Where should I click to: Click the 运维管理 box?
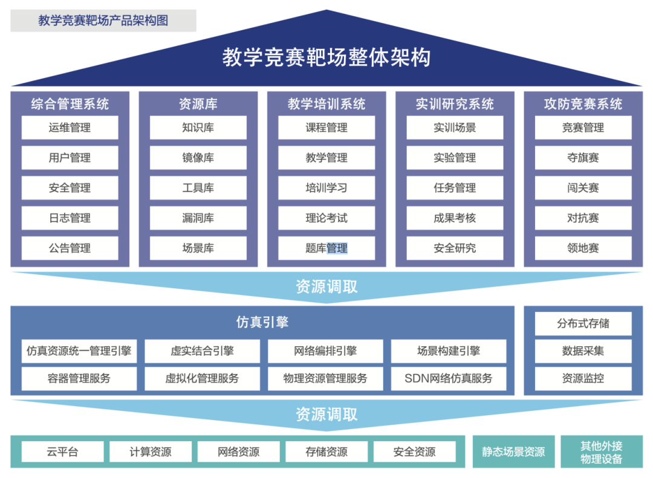point(70,128)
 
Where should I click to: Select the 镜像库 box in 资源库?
point(198,158)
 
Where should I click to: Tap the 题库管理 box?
point(326,248)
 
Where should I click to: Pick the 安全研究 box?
point(455,248)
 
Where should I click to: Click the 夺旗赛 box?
point(583,158)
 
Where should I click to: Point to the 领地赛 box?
point(583,248)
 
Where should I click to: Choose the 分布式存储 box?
point(583,323)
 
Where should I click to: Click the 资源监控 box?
point(583,379)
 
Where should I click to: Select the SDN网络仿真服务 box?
point(448,379)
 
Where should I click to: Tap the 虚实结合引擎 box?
point(202,351)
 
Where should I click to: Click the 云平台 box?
point(63,451)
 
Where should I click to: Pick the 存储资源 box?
point(326,451)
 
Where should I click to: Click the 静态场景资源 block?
point(513,451)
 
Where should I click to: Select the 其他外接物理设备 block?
point(601,452)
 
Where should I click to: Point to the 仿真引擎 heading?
point(262,322)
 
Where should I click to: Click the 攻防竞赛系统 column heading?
point(583,104)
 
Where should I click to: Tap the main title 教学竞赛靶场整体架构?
point(326,58)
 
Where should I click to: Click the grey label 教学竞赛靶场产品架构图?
point(103,21)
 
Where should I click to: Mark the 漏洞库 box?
point(198,218)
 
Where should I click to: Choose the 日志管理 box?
point(70,218)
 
